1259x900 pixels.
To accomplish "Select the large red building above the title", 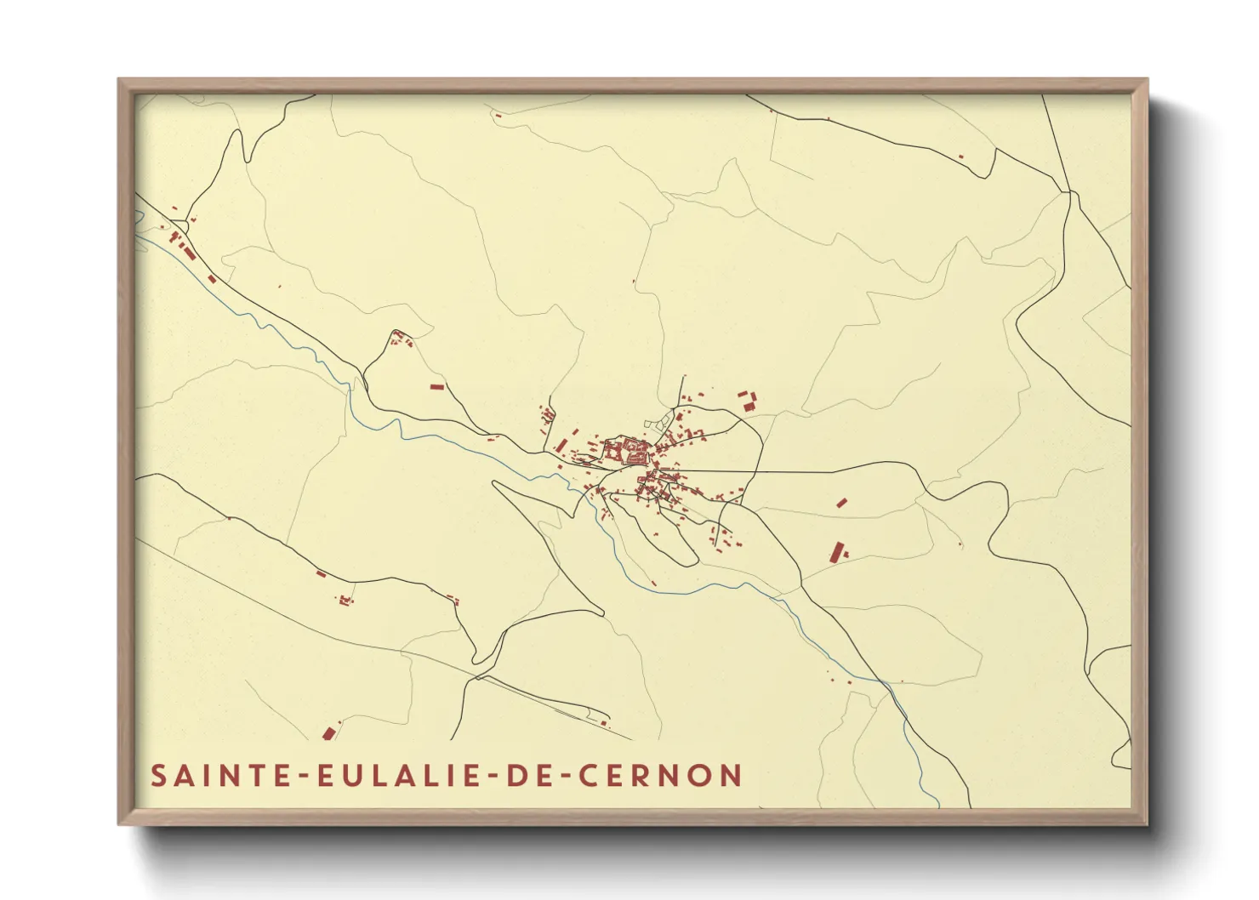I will click(328, 733).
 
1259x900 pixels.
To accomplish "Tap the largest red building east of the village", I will click(837, 552).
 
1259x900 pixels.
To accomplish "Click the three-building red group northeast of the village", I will click(747, 400).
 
